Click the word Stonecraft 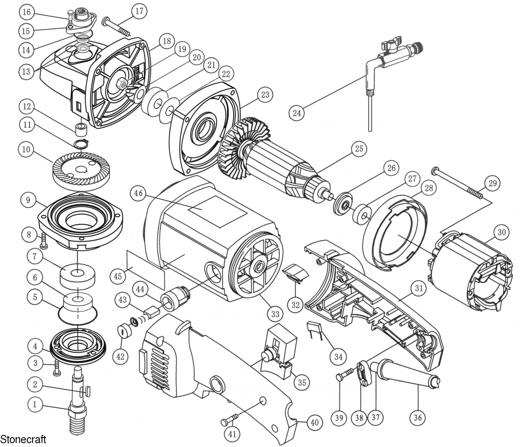tap(23, 439)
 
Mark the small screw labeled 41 tap(230, 420)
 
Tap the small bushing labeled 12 tap(81, 129)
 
